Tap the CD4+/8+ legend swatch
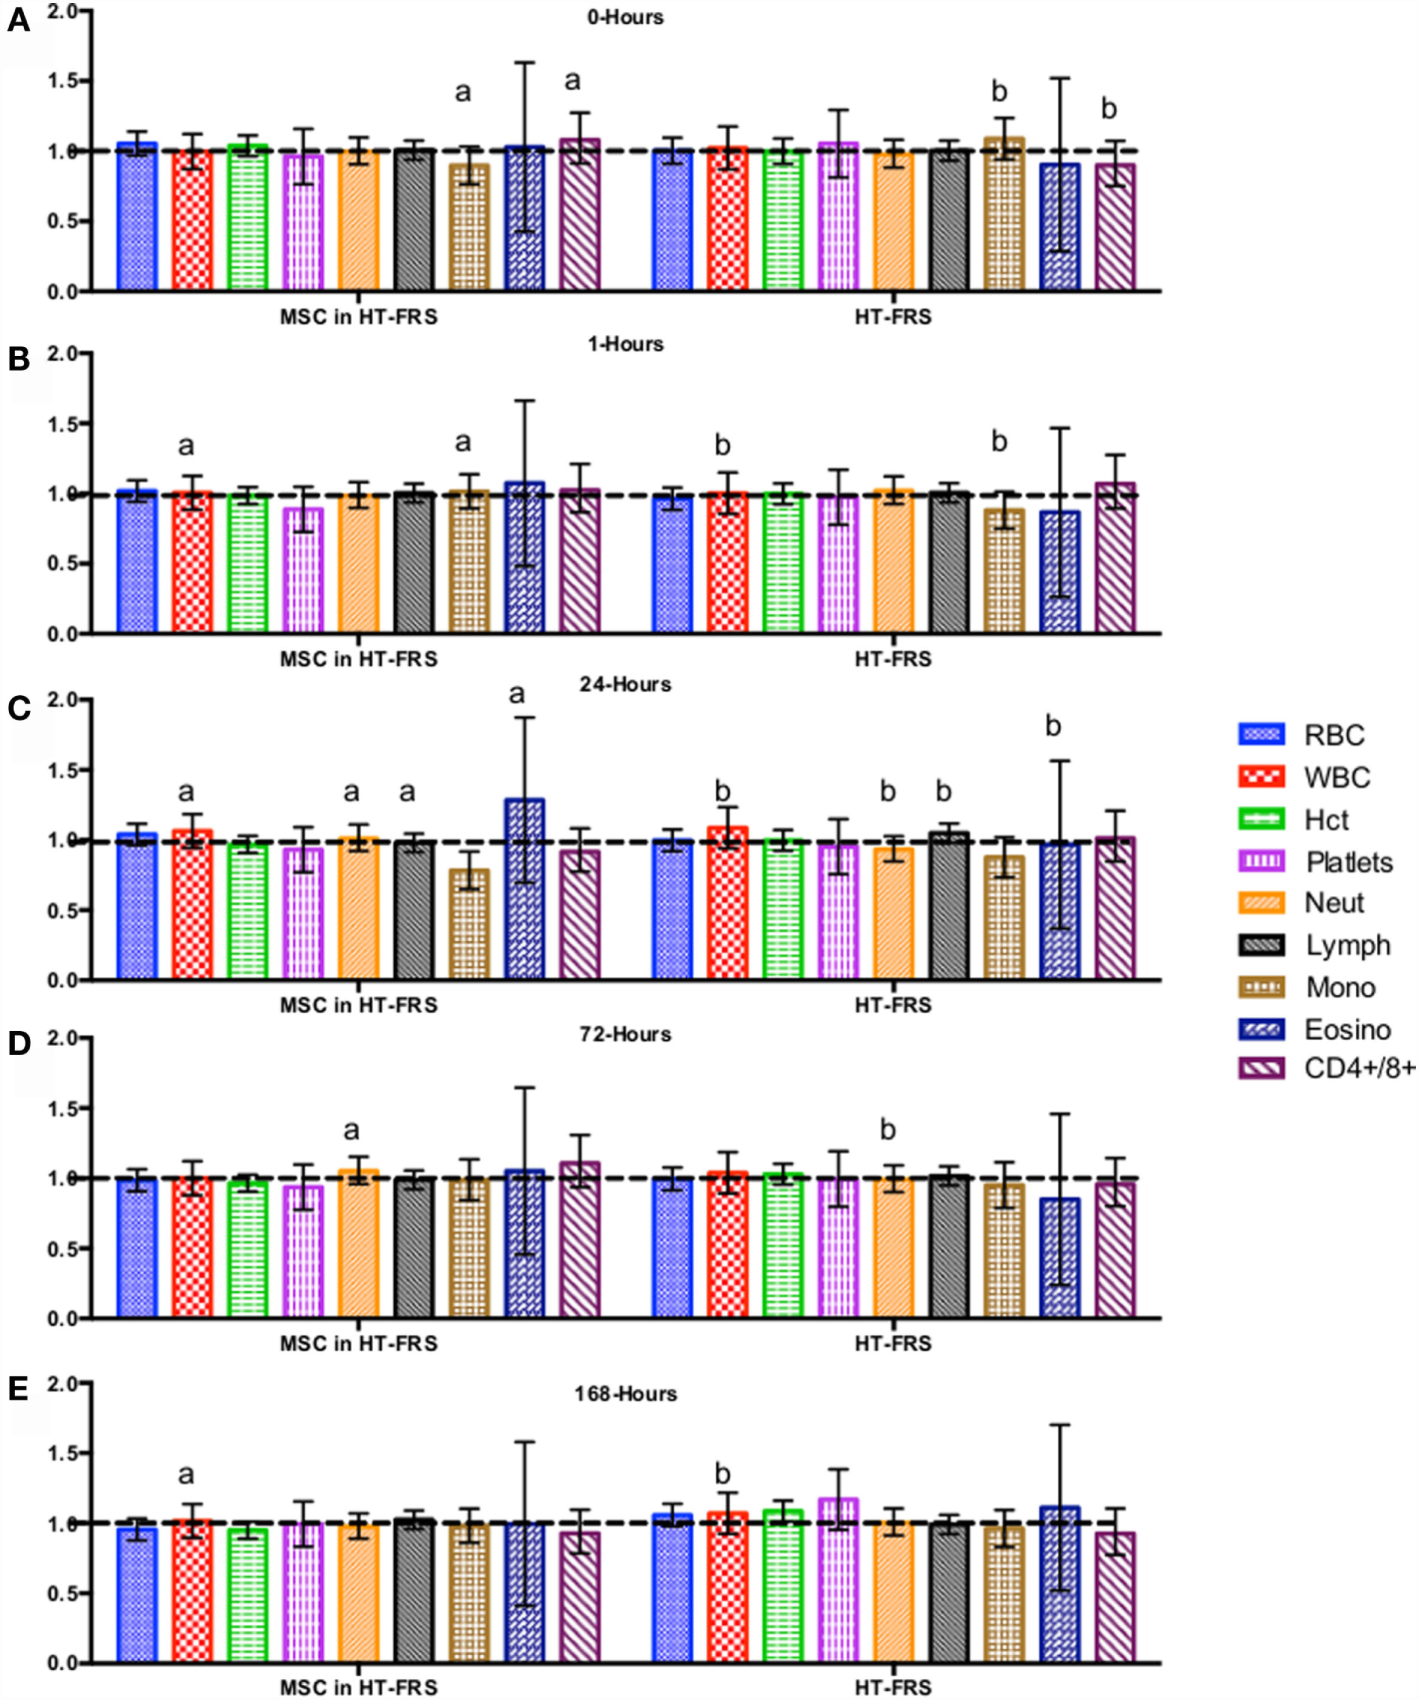click(x=1261, y=1069)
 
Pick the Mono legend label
click(x=1340, y=987)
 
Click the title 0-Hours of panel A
click(x=625, y=17)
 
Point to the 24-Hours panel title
click(x=625, y=684)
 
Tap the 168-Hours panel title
click(x=625, y=1393)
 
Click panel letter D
click(x=19, y=1044)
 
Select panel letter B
click(x=19, y=359)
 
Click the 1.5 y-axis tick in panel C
click(x=62, y=770)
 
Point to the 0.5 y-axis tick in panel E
click(x=62, y=1593)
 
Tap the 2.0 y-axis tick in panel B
click(x=62, y=353)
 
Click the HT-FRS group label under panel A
click(x=892, y=317)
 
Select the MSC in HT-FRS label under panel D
click(x=358, y=1343)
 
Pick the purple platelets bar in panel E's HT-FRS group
click(x=839, y=1580)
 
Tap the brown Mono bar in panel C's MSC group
click(x=469, y=924)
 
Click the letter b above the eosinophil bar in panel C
click(x=1053, y=726)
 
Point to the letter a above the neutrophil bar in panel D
click(x=351, y=1130)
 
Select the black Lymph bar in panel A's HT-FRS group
click(x=949, y=220)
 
